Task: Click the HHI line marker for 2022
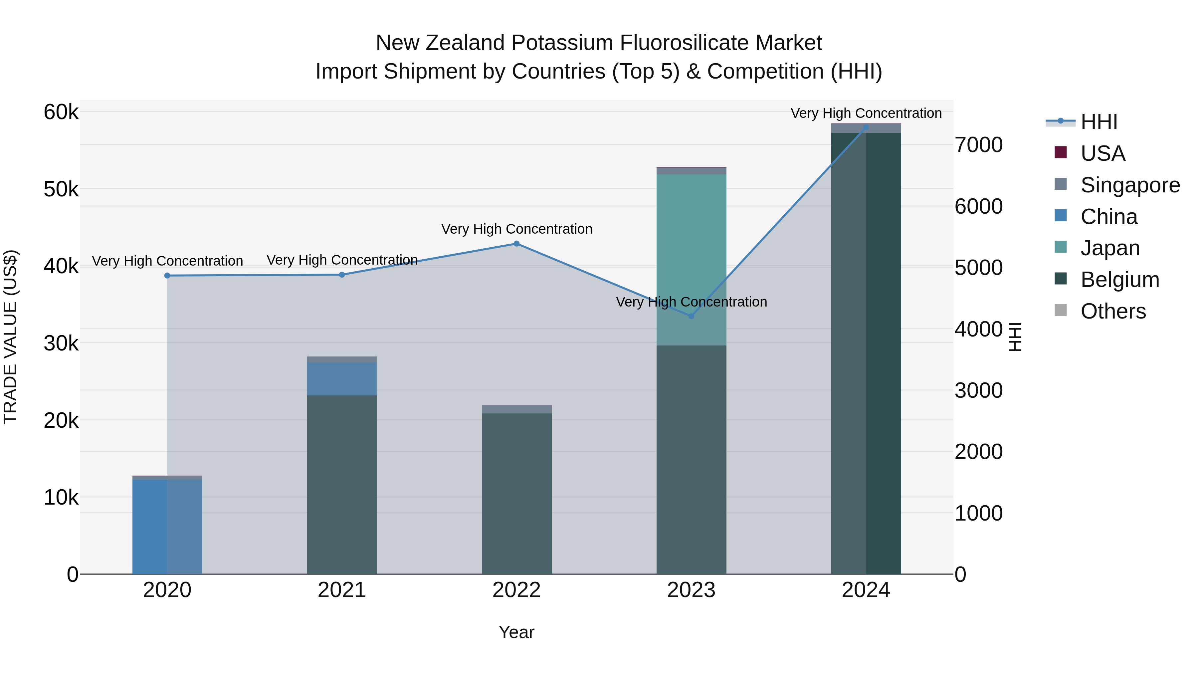click(516, 244)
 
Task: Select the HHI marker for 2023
click(691, 316)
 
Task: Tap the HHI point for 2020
click(167, 276)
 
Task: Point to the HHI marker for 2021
click(342, 275)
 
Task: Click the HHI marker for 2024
click(866, 127)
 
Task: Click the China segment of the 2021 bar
click(342, 379)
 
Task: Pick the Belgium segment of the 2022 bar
click(516, 493)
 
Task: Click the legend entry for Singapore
click(1130, 185)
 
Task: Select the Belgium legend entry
click(1119, 280)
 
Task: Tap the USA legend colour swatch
click(1060, 152)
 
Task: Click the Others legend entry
click(1113, 311)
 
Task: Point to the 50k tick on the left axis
click(61, 189)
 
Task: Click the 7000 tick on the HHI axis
click(978, 145)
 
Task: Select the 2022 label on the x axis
click(516, 590)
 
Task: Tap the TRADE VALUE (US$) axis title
click(11, 337)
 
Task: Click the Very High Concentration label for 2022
click(516, 229)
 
